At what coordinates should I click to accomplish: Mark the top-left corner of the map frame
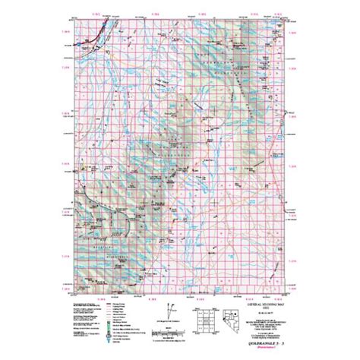tap(72, 17)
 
